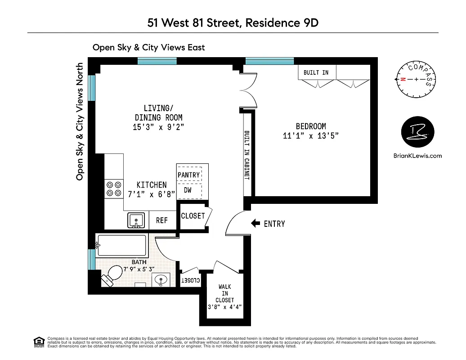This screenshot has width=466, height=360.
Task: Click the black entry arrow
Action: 255,223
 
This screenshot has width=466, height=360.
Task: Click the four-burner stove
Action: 113,189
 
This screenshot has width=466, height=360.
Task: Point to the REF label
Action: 162,220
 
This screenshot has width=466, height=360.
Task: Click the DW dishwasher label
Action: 188,190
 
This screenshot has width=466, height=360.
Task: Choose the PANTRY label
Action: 189,175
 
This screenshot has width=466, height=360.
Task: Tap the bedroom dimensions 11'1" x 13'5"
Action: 310,136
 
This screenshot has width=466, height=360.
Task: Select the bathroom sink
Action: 161,279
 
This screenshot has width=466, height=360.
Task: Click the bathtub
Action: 121,246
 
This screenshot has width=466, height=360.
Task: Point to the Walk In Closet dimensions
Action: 224,308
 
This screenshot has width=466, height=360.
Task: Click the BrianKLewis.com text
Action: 417,156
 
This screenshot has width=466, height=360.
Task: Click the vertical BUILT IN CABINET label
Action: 246,155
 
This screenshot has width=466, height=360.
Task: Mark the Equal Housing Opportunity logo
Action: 40,342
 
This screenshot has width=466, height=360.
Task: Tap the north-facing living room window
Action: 92,88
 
